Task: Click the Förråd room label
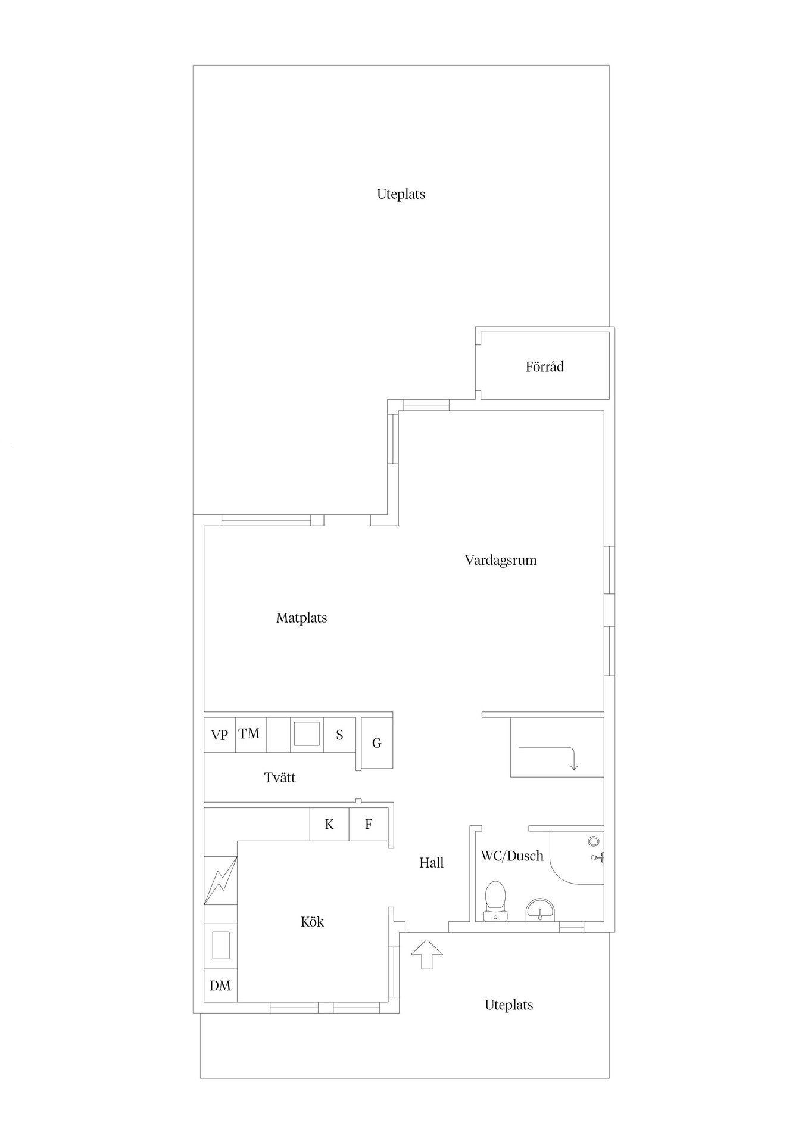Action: pyautogui.click(x=544, y=366)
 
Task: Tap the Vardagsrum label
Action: pyautogui.click(x=501, y=560)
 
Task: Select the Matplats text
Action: pyautogui.click(x=301, y=618)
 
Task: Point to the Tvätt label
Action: pyautogui.click(x=280, y=778)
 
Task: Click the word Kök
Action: pyautogui.click(x=312, y=922)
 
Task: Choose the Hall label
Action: pyautogui.click(x=431, y=863)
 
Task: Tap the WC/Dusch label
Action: pyautogui.click(x=512, y=856)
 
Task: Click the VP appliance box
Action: pyautogui.click(x=220, y=735)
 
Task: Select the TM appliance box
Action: pyautogui.click(x=251, y=735)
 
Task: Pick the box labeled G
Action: pyautogui.click(x=377, y=743)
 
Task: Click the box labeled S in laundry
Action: pyautogui.click(x=339, y=735)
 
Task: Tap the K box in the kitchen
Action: pyautogui.click(x=329, y=825)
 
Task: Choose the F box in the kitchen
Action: pyautogui.click(x=369, y=825)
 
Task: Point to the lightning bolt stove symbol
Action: pyautogui.click(x=221, y=881)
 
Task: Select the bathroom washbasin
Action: pyautogui.click(x=540, y=910)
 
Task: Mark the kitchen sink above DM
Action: pyautogui.click(x=221, y=946)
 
